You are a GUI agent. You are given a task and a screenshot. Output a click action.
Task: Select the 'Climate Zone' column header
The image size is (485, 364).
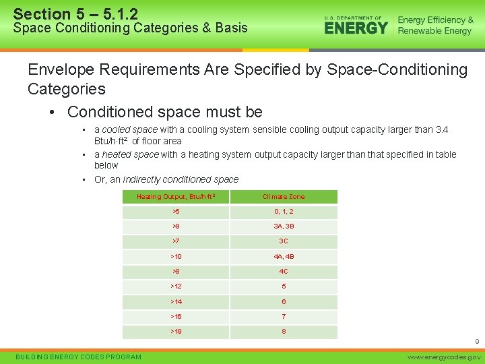(x=284, y=197)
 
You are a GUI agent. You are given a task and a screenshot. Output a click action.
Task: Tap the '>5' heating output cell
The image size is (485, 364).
(x=176, y=212)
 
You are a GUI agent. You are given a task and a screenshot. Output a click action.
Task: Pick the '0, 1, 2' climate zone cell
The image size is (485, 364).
(x=284, y=212)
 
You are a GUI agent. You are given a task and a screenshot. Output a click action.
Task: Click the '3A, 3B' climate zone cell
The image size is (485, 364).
(x=284, y=226)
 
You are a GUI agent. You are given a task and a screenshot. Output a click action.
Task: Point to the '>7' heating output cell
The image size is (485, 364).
(x=176, y=241)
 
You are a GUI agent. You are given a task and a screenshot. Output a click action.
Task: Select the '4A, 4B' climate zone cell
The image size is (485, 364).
(x=284, y=257)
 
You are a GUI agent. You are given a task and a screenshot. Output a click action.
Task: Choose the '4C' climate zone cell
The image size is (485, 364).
(x=284, y=272)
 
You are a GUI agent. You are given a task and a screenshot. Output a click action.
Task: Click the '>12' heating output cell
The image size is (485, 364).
(x=176, y=286)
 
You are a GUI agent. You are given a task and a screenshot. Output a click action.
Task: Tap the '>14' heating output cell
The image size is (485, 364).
(x=176, y=301)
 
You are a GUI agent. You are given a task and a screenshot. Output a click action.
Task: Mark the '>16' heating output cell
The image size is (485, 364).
(x=176, y=316)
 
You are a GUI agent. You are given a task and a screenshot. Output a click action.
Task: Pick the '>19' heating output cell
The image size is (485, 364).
(x=176, y=332)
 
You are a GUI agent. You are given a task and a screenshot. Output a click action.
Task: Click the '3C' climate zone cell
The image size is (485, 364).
(x=284, y=241)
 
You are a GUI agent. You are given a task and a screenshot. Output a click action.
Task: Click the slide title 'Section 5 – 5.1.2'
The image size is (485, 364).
(x=75, y=13)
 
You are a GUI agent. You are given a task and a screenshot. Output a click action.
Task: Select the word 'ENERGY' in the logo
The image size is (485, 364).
(x=356, y=28)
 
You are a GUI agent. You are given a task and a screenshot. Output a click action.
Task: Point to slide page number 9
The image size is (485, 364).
(x=476, y=343)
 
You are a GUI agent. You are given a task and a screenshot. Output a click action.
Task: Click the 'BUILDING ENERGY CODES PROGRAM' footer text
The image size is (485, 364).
(x=78, y=357)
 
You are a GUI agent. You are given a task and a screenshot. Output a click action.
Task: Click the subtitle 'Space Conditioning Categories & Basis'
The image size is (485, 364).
(x=130, y=28)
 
